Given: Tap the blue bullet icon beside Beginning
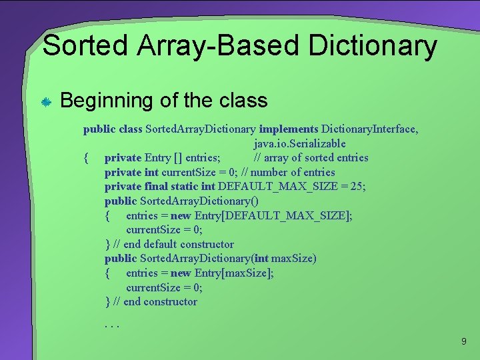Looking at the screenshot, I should pyautogui.click(x=46, y=102).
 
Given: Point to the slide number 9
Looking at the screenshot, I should pyautogui.click(x=464, y=341).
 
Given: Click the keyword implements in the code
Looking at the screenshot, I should pyautogui.click(x=289, y=129).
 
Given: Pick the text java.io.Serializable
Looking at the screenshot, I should pyautogui.click(x=299, y=143).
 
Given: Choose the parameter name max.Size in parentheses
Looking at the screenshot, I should pyautogui.click(x=293, y=258).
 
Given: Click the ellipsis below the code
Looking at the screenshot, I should pyautogui.click(x=111, y=325).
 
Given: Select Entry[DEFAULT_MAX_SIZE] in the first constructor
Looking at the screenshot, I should pyautogui.click(x=273, y=215).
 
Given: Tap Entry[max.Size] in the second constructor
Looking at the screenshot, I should pyautogui.click(x=234, y=273).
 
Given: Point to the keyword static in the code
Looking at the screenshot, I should pyautogui.click(x=185, y=187).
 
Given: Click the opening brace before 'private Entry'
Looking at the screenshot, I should pyautogui.click(x=86, y=158).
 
